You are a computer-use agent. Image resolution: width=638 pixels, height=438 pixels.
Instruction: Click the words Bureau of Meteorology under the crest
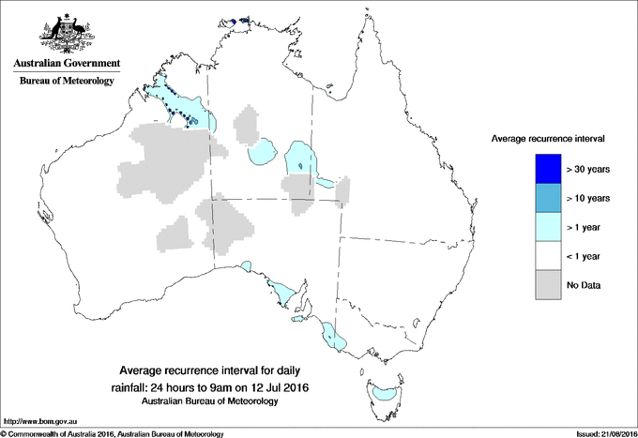pyautogui.click(x=66, y=81)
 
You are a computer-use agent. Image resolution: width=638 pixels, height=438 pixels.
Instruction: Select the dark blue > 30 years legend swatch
pyautogui.click(x=548, y=169)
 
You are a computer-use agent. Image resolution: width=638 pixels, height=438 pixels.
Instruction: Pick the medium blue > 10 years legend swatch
pyautogui.click(x=548, y=198)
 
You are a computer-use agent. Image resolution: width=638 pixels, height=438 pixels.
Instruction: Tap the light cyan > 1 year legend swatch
pyautogui.click(x=548, y=227)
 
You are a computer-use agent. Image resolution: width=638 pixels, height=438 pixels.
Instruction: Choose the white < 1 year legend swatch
pyautogui.click(x=548, y=256)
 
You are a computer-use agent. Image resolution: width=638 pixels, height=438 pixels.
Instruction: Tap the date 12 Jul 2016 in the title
pyautogui.click(x=281, y=386)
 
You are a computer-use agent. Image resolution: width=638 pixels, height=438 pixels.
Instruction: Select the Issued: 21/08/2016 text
pyautogui.click(x=600, y=433)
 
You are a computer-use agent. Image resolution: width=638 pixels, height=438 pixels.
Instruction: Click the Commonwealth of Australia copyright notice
pyautogui.click(x=113, y=433)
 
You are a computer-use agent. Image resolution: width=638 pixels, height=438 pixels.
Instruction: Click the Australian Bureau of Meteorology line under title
pyautogui.click(x=209, y=400)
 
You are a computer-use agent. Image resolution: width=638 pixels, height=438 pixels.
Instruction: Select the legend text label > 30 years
pyautogui.click(x=588, y=169)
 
